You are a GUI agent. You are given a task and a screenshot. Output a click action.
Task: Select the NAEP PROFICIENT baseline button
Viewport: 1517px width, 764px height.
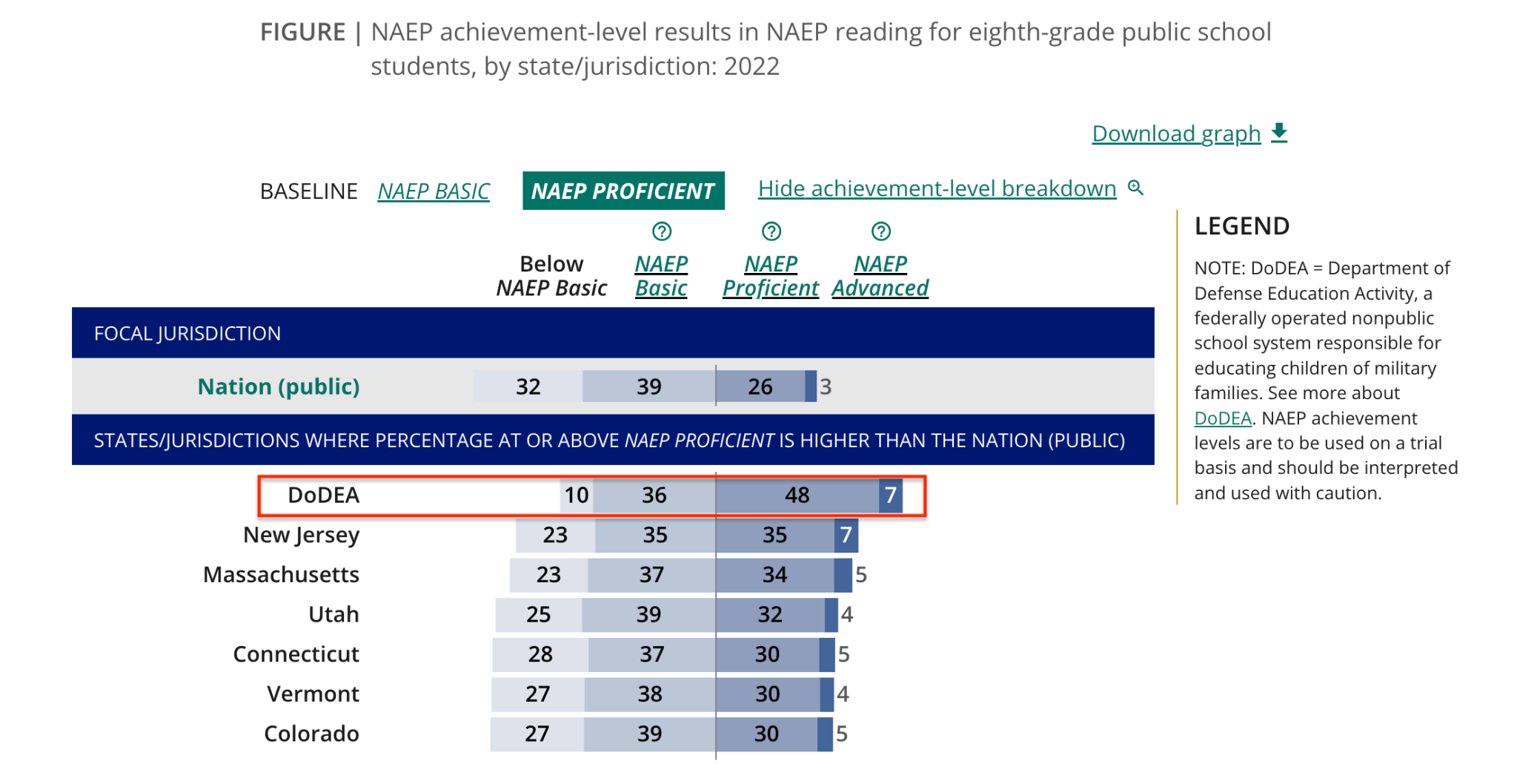623,191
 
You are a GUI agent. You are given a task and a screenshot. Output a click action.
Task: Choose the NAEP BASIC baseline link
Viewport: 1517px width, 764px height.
433,191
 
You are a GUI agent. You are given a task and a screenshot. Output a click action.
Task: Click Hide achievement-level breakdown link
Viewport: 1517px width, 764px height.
937,188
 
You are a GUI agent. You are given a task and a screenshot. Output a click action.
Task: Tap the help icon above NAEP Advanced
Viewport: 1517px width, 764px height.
880,231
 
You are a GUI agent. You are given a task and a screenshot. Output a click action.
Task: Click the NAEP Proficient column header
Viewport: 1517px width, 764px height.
771,276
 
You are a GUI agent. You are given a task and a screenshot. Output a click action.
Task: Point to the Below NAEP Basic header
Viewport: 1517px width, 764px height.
551,276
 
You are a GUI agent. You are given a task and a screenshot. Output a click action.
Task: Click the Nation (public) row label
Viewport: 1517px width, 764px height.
279,386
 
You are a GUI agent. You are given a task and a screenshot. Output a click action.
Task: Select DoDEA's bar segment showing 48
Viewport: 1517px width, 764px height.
797,495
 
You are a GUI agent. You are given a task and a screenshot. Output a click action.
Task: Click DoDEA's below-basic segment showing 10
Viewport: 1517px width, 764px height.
577,495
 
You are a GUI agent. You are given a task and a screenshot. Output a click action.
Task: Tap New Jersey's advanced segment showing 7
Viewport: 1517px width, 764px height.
846,535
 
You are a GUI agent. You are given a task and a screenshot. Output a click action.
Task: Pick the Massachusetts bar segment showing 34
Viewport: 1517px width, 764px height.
775,575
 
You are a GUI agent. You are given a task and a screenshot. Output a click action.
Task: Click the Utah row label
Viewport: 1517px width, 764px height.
333,614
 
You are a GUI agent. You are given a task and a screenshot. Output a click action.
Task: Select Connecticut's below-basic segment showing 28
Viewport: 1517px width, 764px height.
540,654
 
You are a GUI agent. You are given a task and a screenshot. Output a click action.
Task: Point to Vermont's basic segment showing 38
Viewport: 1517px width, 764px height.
650,694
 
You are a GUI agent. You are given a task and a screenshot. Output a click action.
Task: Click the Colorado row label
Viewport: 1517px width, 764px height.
311,734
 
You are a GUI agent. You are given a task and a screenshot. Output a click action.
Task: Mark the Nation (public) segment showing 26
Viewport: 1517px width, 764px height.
760,386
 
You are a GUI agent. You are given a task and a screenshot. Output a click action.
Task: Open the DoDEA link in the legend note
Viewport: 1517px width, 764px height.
1223,418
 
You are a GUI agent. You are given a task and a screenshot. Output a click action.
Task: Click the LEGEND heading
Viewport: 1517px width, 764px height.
1242,226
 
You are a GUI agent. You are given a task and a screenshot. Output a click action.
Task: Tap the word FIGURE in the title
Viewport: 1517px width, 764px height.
302,32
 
